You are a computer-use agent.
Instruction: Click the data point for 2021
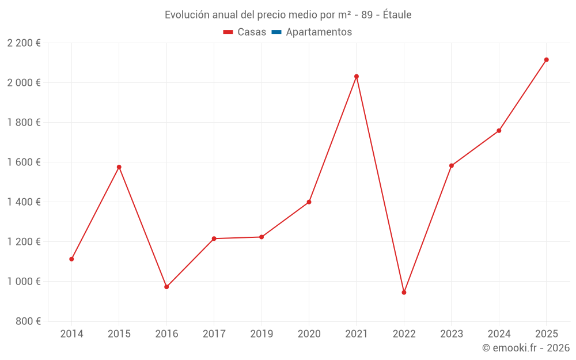[x=357, y=76]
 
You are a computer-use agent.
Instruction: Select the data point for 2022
[x=404, y=293]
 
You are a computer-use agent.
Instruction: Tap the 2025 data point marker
[x=547, y=59]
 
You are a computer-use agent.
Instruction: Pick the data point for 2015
[x=119, y=167]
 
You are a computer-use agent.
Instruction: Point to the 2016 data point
[x=166, y=287]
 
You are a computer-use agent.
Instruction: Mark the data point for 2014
[x=71, y=259]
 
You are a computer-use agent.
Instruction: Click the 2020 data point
[x=309, y=202]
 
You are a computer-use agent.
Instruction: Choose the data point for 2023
[x=452, y=166]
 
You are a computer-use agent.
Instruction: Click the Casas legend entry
[x=245, y=32]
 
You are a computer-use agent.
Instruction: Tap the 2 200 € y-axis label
[x=24, y=43]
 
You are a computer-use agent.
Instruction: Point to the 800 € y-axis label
[x=28, y=321]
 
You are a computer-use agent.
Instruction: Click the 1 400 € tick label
[x=24, y=202]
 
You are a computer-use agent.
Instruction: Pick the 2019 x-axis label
[x=262, y=334]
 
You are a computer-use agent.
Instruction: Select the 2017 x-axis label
[x=214, y=334]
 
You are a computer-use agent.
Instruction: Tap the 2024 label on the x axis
[x=499, y=334]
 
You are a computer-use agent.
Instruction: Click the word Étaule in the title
[x=396, y=15]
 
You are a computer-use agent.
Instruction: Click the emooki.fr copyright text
[x=526, y=348]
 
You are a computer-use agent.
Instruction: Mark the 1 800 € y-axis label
[x=24, y=123]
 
